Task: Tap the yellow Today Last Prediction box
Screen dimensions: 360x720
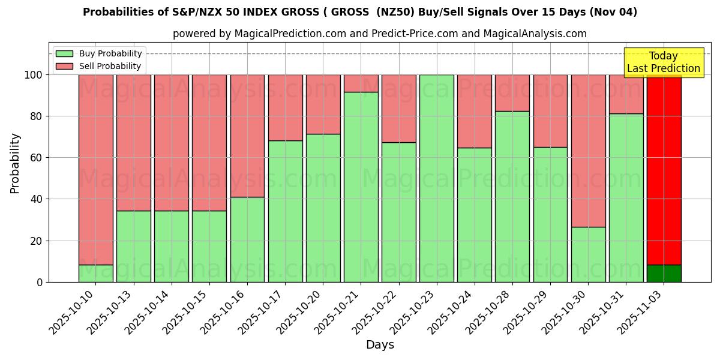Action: [664, 62]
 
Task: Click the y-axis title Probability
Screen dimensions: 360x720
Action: [16, 163]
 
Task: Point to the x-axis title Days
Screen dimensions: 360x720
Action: [380, 345]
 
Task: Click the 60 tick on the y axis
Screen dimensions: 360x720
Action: [37, 158]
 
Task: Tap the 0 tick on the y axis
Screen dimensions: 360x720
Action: [40, 282]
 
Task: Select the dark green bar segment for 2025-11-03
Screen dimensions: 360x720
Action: [664, 274]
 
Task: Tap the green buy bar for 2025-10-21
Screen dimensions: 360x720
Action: [361, 187]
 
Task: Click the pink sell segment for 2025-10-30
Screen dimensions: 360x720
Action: [588, 151]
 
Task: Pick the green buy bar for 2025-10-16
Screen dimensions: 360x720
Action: [247, 239]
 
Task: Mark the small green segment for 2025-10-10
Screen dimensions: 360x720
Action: [95, 274]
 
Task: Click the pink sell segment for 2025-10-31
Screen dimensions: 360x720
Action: [626, 94]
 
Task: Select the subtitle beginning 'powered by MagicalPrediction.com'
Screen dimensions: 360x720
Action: [380, 34]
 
